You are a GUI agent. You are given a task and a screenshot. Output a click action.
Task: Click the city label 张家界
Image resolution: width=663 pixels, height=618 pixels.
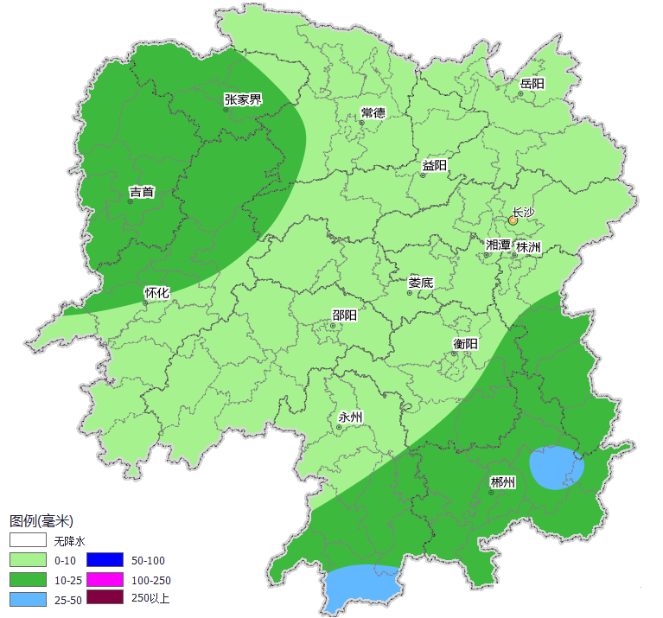click(x=243, y=99)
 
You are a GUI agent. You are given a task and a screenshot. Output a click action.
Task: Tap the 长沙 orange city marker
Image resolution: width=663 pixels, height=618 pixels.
click(x=513, y=221)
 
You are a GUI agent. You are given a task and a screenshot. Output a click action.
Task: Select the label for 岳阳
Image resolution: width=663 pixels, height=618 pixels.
click(x=532, y=84)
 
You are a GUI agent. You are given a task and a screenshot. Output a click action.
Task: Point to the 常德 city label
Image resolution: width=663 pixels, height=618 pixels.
click(x=373, y=113)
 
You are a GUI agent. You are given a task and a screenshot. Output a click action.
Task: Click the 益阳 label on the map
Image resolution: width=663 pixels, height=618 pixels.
click(x=435, y=165)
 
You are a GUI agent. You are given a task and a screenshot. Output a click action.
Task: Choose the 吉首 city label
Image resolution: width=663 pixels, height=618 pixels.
click(x=142, y=192)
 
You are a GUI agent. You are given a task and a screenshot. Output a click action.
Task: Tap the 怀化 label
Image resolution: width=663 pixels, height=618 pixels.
click(x=156, y=293)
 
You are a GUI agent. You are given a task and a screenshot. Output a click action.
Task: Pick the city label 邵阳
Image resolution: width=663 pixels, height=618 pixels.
click(x=344, y=315)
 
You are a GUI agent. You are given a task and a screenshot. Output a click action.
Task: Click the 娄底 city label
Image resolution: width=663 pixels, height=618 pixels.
click(x=421, y=283)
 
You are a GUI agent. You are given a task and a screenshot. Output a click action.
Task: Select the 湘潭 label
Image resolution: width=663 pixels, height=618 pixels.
click(x=498, y=245)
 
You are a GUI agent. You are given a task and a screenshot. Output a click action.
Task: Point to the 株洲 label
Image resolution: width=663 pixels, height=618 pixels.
click(x=528, y=247)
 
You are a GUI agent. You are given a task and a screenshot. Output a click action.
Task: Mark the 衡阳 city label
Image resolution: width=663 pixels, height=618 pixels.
click(x=465, y=343)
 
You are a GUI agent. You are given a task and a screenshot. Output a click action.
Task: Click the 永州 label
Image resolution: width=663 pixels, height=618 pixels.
click(x=350, y=417)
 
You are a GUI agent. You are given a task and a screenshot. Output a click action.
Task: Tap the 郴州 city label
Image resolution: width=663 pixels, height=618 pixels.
click(x=502, y=482)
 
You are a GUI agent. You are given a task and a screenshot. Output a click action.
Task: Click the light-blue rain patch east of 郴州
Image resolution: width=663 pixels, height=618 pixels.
click(x=556, y=468)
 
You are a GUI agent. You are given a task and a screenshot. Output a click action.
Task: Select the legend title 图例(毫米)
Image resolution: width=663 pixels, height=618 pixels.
click(x=41, y=521)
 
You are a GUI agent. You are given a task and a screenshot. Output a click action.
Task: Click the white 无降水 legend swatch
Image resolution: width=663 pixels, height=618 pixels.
click(x=28, y=541)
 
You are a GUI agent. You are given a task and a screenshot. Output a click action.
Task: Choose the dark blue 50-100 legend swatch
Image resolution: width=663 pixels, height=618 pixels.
click(x=105, y=560)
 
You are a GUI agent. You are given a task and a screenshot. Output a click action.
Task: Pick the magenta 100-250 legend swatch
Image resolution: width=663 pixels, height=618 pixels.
click(x=105, y=579)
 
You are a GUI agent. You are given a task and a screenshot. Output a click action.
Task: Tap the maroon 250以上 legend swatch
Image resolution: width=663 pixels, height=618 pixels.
click(x=105, y=598)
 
